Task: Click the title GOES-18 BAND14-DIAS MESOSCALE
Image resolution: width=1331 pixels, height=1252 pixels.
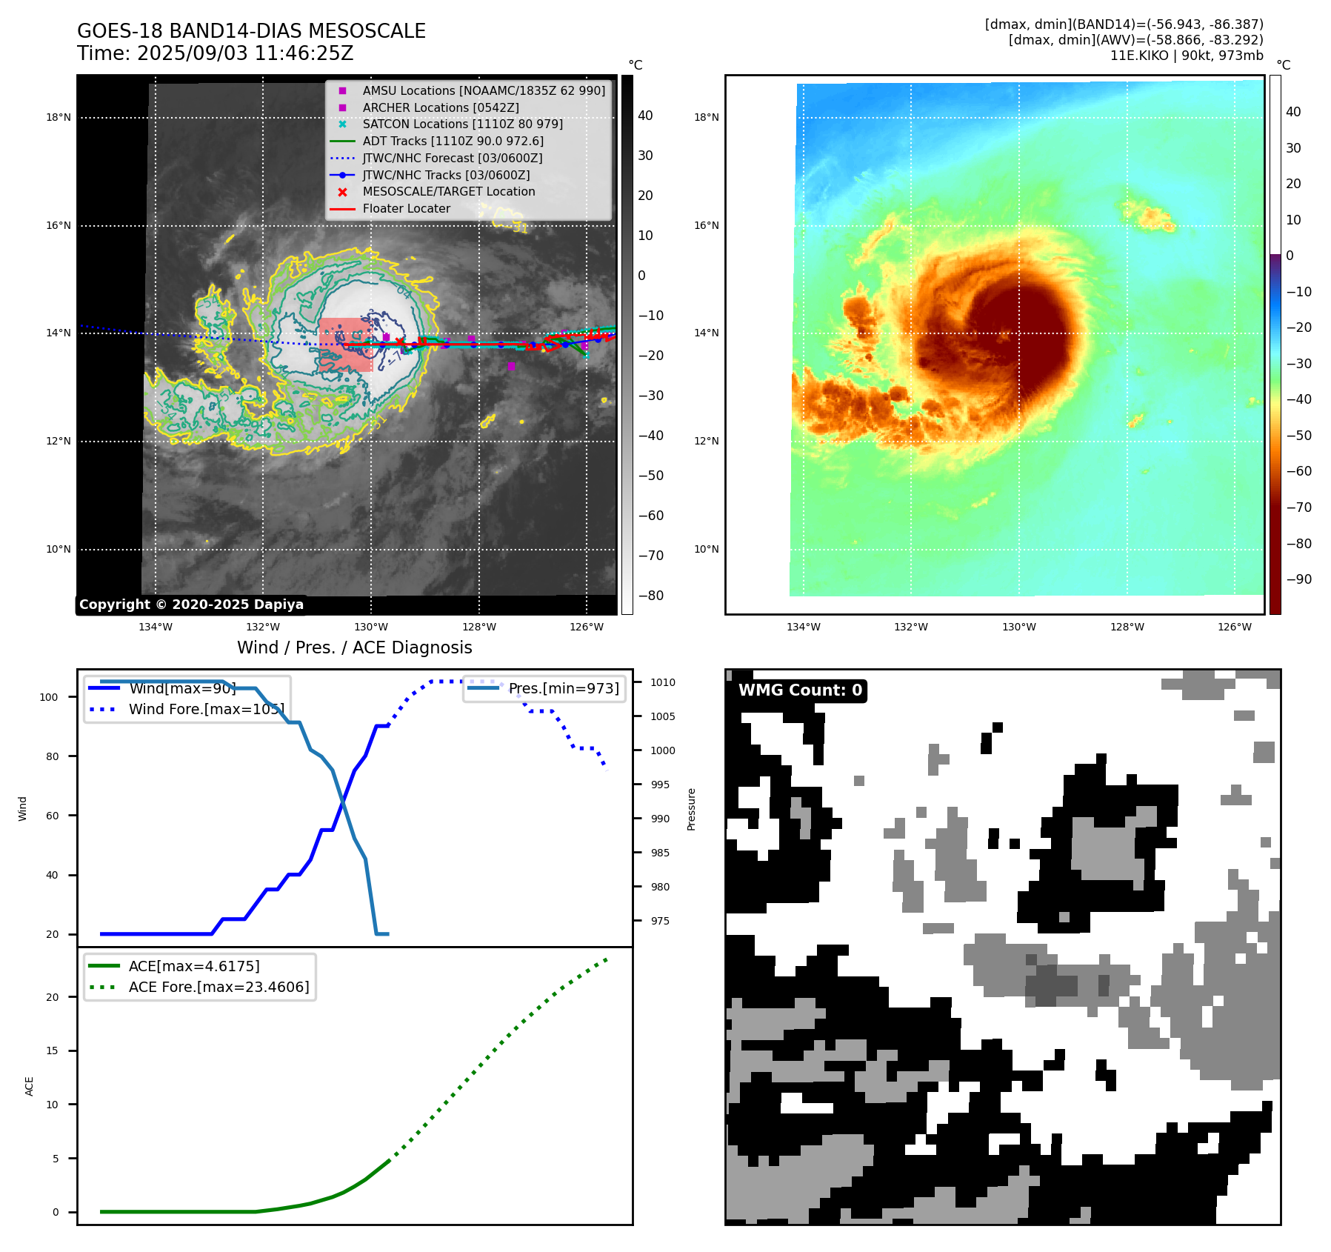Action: (251, 31)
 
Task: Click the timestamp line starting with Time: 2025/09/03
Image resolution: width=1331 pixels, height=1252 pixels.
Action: (215, 54)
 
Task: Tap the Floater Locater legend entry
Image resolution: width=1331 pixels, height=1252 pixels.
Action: (406, 208)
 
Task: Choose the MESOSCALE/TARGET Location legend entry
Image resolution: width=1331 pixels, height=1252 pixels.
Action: (448, 191)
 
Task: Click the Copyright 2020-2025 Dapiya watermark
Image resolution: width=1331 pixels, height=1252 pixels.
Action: (191, 605)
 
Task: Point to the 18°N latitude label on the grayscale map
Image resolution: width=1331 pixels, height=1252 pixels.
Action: (59, 117)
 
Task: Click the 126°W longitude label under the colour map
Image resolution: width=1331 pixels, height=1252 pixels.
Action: (1234, 627)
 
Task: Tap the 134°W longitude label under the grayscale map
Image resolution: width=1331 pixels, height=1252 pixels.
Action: (156, 627)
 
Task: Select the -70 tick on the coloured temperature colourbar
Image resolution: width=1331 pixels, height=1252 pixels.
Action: (1298, 507)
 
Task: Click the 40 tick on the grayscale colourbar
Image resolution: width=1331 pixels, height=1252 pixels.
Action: (645, 116)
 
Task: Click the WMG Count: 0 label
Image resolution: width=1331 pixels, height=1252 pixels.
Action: (800, 690)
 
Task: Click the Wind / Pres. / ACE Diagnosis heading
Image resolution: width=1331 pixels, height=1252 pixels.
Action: (354, 647)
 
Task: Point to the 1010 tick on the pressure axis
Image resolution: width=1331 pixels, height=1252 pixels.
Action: (663, 682)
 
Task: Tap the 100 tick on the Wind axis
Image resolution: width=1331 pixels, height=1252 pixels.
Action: (49, 697)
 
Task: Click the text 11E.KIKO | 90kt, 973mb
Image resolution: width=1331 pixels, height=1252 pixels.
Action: (1186, 56)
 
